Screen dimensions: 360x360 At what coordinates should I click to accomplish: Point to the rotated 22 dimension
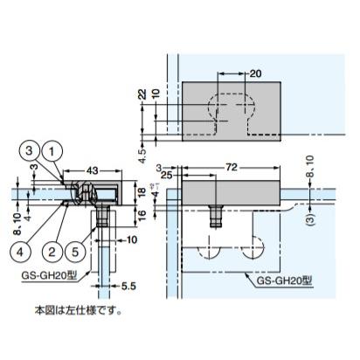point(142,94)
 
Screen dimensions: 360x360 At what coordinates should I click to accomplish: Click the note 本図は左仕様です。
point(79,310)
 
